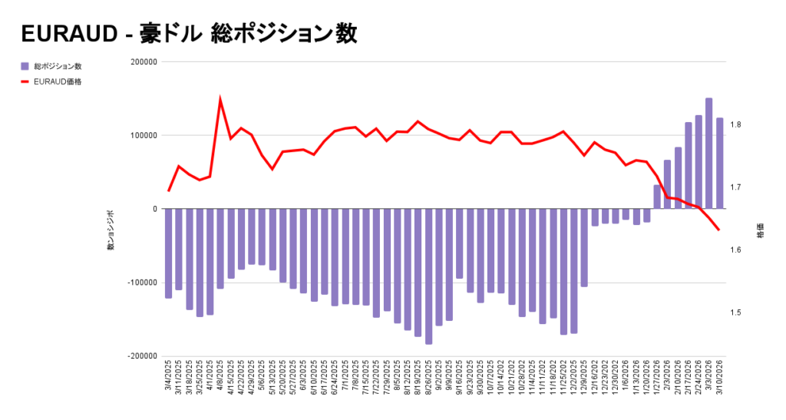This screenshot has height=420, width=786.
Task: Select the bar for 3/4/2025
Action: click(169, 253)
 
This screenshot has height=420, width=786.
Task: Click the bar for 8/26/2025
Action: click(428, 276)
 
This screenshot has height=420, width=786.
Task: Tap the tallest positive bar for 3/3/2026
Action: click(709, 154)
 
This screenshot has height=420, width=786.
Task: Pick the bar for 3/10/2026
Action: click(719, 163)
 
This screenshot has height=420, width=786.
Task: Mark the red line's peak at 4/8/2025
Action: click(220, 99)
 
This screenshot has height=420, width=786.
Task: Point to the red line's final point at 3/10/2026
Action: click(719, 230)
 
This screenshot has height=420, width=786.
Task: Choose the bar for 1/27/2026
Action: click(657, 197)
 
